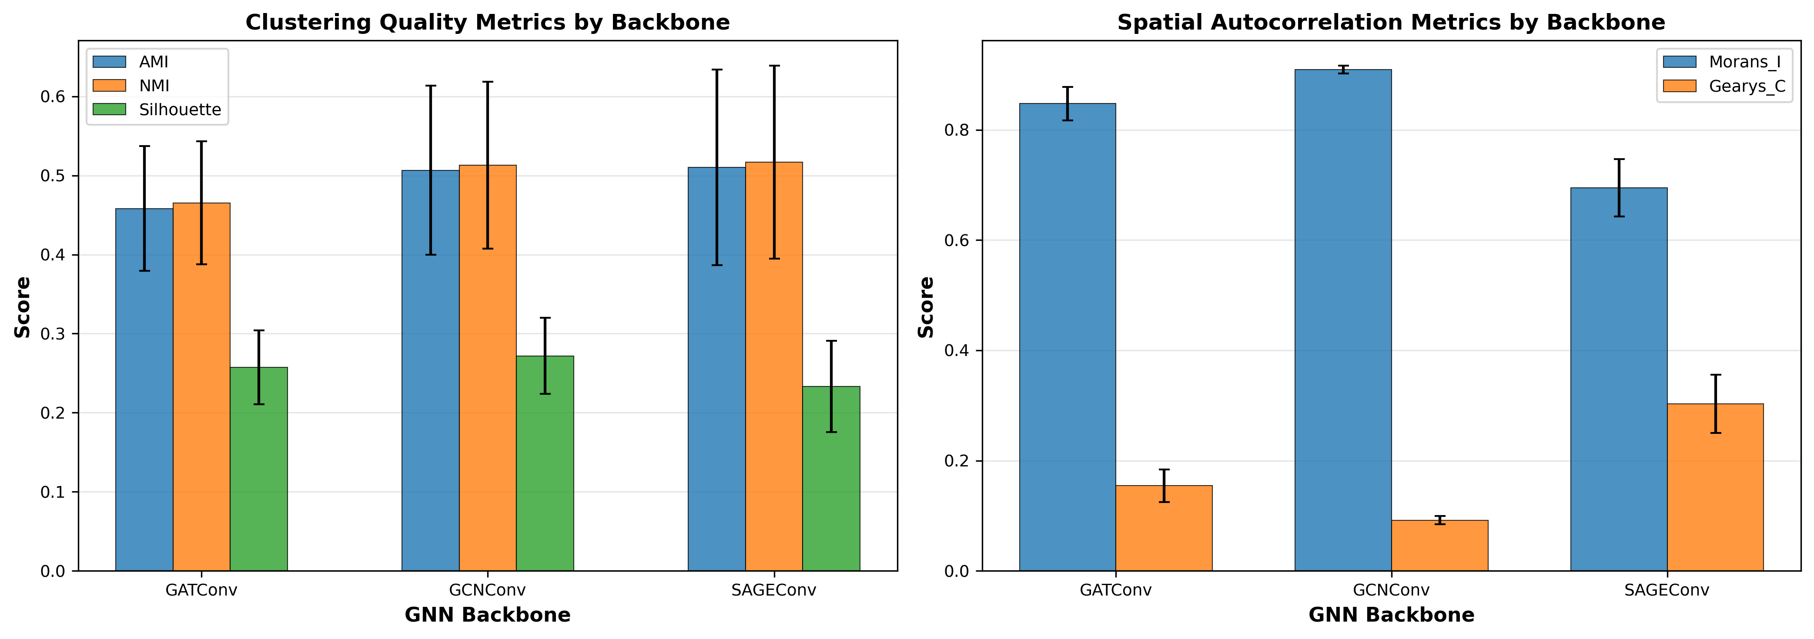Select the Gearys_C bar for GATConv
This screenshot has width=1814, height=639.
(1163, 528)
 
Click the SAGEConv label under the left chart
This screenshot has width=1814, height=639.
(773, 590)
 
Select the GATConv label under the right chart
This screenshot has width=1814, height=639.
(1115, 590)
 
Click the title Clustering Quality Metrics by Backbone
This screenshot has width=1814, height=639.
(487, 23)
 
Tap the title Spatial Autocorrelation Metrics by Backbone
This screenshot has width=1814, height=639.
(1391, 23)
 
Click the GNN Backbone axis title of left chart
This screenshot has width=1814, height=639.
(487, 615)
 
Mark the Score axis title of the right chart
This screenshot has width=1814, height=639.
(926, 307)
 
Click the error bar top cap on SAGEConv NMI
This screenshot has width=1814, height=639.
(774, 66)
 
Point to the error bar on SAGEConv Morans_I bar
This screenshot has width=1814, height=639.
(1619, 188)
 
